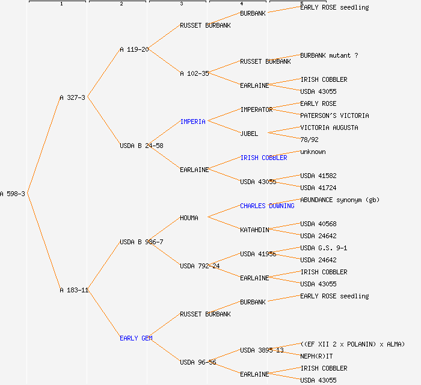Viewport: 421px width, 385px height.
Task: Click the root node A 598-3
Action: point(13,194)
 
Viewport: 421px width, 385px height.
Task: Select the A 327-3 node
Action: point(72,97)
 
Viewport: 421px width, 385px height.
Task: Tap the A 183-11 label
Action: point(74,290)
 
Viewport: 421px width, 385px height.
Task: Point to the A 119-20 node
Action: point(134,49)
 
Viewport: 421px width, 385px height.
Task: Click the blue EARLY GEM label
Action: point(136,338)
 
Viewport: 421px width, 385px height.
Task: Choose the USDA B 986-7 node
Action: point(141,242)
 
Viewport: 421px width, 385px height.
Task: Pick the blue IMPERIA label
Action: point(192,122)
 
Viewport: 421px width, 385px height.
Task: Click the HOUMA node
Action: point(189,218)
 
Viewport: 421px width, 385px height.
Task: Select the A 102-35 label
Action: point(194,73)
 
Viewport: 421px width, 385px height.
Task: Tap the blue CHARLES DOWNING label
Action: point(267,206)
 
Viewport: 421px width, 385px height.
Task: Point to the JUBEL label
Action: point(249,134)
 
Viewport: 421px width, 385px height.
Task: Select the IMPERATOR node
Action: point(256,109)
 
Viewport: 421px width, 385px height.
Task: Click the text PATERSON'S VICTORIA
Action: point(334,115)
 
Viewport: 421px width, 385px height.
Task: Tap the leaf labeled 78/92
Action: point(309,140)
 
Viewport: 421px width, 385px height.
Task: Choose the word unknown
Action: point(313,152)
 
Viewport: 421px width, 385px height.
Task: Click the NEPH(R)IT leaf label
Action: point(316,356)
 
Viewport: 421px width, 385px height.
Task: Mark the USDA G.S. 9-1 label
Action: point(324,248)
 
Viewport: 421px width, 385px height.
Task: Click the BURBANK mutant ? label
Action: point(329,55)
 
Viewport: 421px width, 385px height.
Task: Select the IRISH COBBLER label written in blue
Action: point(263,158)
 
